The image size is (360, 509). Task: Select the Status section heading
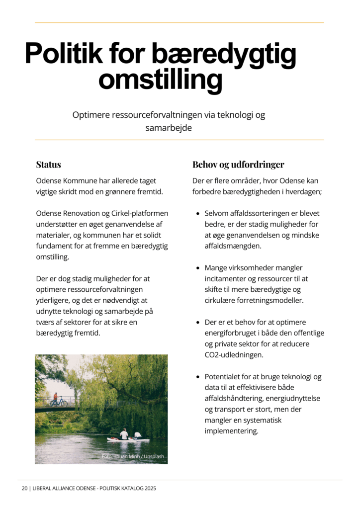48,165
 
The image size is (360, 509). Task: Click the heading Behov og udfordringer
238,165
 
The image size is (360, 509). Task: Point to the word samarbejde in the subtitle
169,128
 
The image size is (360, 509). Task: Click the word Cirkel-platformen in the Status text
137,213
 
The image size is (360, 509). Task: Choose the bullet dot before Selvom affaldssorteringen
198,213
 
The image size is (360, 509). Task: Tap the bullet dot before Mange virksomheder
198,268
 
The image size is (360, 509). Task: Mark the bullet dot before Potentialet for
198,377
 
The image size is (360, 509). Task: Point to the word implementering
231,431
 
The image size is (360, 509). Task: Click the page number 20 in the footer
24,489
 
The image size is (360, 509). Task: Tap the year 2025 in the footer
150,489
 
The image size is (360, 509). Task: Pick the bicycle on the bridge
59,403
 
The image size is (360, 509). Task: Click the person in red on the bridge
55,398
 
